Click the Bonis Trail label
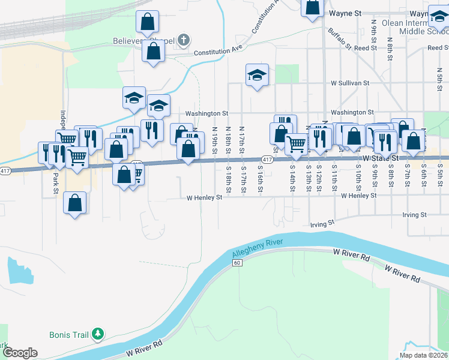point(69,334)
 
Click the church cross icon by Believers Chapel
point(184,41)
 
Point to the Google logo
point(20,353)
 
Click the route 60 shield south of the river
point(238,263)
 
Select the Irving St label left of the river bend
point(322,224)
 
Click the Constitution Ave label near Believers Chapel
point(214,52)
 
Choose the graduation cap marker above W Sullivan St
point(257,75)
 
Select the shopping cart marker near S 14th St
point(296,144)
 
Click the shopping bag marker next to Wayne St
point(313,8)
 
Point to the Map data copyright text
point(423,355)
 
